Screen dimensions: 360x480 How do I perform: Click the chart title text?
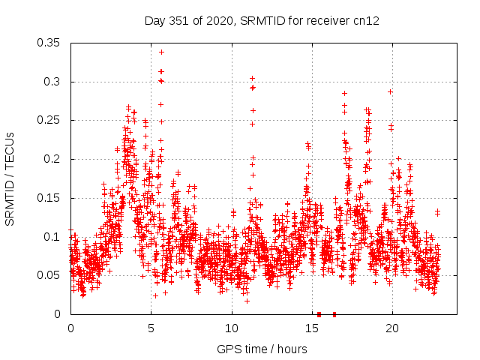[x=261, y=21]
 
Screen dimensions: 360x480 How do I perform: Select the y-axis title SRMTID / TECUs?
[x=10, y=178]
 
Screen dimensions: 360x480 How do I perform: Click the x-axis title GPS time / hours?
[x=261, y=349]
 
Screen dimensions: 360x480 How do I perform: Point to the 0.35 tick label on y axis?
[x=49, y=43]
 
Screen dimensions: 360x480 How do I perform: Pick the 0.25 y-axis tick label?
[x=49, y=120]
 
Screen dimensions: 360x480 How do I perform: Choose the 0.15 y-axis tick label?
[x=49, y=198]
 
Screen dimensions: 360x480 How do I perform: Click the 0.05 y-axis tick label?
[x=49, y=275]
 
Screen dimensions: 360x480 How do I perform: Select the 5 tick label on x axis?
[x=151, y=328]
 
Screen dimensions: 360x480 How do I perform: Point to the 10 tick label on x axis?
[x=231, y=328]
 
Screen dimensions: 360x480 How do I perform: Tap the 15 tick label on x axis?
[x=311, y=328]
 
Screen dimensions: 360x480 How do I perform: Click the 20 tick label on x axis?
[x=391, y=328]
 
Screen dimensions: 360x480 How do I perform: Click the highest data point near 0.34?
[x=161, y=52]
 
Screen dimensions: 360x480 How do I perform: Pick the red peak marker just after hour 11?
[x=252, y=78]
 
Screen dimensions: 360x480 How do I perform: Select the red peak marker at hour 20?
[x=390, y=91]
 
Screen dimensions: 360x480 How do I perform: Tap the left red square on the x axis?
[x=319, y=314]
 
